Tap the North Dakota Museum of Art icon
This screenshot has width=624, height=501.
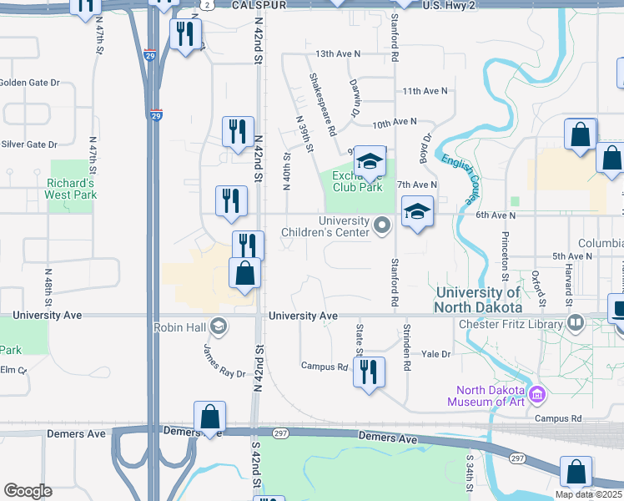pyautogui.click(x=537, y=392)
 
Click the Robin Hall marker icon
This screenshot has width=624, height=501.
pyautogui.click(x=219, y=326)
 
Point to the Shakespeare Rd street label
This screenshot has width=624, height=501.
pyautogui.click(x=322, y=104)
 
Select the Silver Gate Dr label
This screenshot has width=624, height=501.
pyautogui.click(x=29, y=144)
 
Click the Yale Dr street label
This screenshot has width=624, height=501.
pyautogui.click(x=435, y=354)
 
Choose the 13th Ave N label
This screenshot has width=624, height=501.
pyautogui.click(x=338, y=53)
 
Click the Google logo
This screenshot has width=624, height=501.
pyautogui.click(x=28, y=491)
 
